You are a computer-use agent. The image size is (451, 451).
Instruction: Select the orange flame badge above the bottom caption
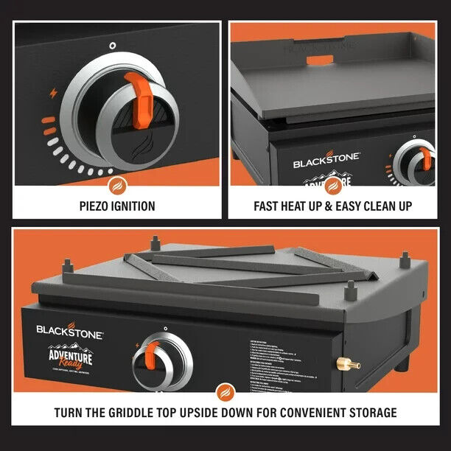[225, 391]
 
